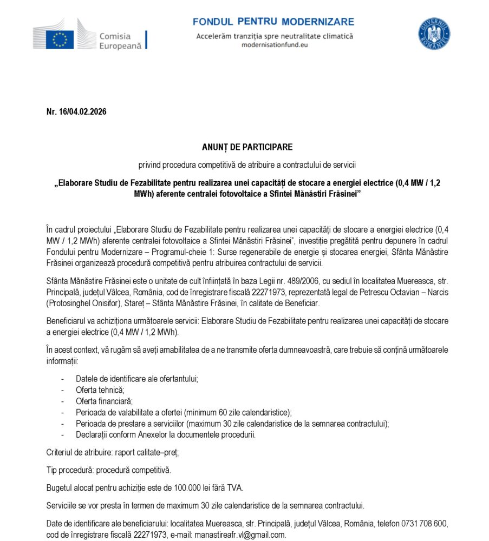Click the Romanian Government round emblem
434,34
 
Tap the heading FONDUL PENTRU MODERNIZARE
273,22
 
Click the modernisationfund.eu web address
274,45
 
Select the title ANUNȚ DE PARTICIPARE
247,147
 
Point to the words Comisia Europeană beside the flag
120,41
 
